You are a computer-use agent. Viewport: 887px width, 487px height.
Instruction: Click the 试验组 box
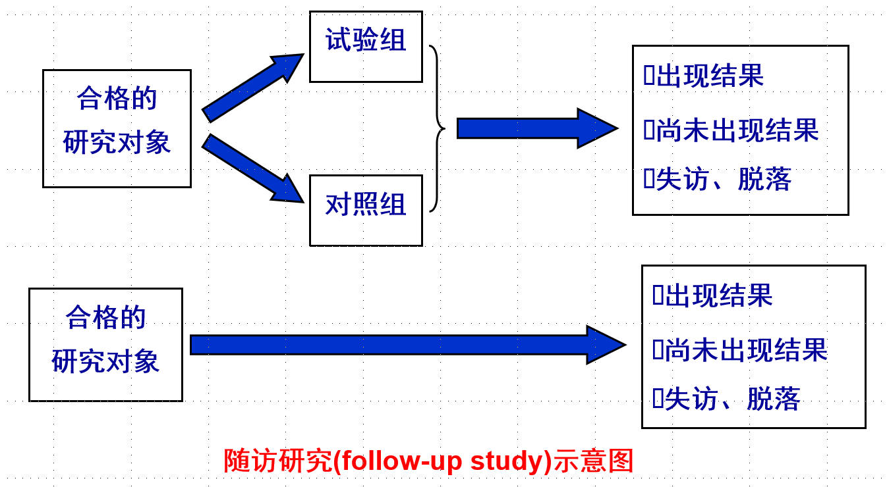pyautogui.click(x=366, y=46)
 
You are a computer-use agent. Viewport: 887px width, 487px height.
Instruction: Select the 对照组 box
pyautogui.click(x=366, y=210)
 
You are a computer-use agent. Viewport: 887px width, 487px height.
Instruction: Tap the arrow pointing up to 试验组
pyautogui.click(x=252, y=88)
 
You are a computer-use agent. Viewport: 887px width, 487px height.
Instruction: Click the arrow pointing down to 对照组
pyautogui.click(x=252, y=168)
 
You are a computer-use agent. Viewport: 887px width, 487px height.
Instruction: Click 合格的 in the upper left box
pyautogui.click(x=117, y=99)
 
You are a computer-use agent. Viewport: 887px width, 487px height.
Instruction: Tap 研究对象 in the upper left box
pyautogui.click(x=117, y=143)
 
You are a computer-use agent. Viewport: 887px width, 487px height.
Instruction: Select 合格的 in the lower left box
pyautogui.click(x=105, y=318)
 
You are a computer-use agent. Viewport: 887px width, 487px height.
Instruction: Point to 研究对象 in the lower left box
pyautogui.click(x=105, y=362)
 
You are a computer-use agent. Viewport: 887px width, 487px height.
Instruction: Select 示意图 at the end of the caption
pyautogui.click(x=593, y=461)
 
